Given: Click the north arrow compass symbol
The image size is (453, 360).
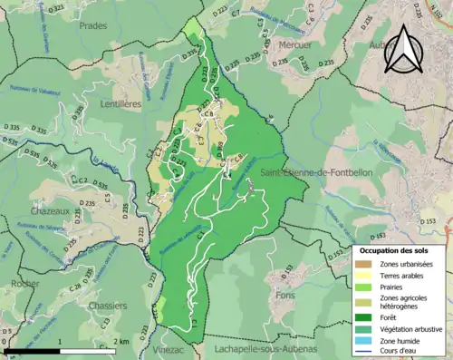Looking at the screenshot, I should coord(404,50).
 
